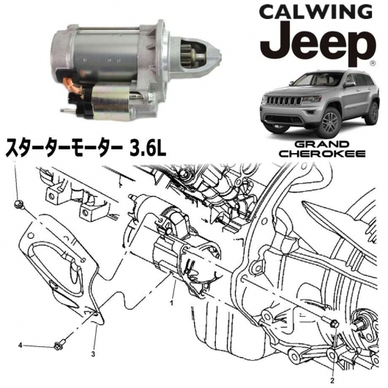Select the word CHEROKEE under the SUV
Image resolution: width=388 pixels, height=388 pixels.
point(324,154)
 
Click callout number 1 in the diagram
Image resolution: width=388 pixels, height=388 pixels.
point(171,302)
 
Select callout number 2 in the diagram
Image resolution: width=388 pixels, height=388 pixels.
point(332,381)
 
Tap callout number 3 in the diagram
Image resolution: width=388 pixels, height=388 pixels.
point(93,354)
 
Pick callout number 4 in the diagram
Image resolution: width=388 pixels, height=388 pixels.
point(20,346)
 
